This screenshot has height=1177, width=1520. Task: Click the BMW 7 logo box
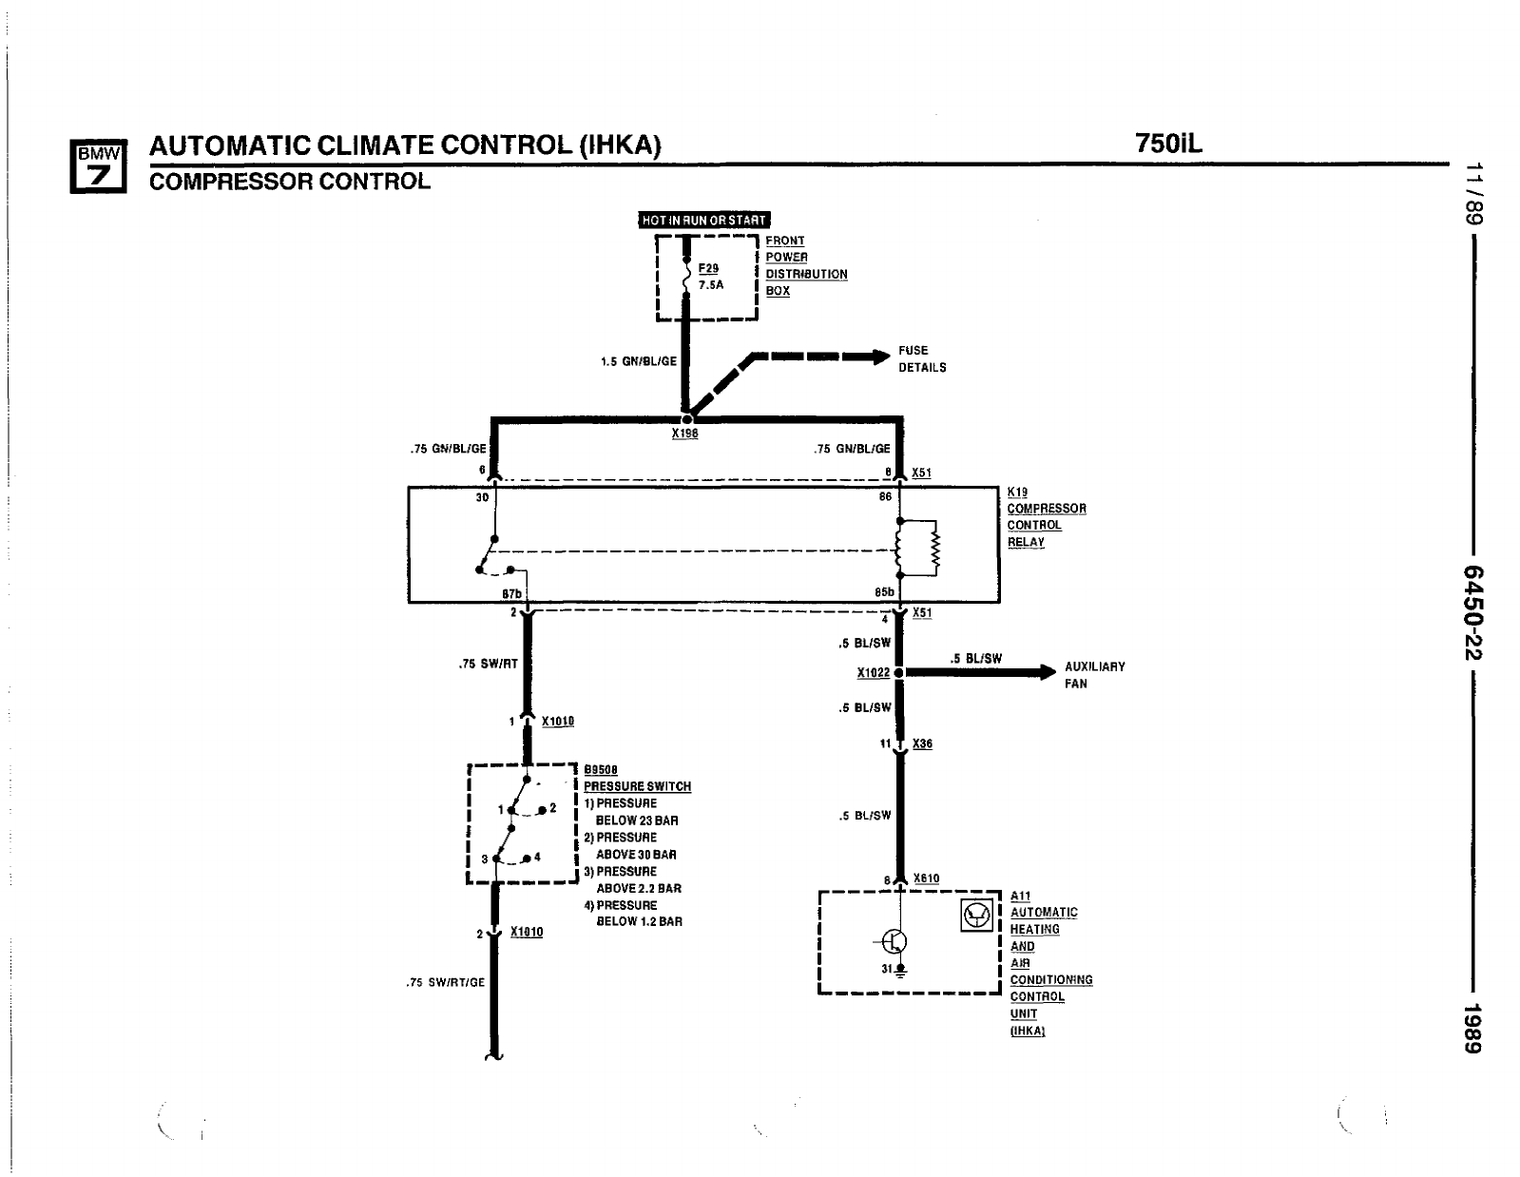click(98, 166)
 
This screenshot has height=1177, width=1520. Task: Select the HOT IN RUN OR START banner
click(703, 221)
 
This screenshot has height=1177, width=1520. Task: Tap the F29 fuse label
click(709, 269)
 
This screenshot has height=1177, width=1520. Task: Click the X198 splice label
click(684, 434)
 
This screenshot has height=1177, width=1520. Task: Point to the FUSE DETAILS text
click(922, 358)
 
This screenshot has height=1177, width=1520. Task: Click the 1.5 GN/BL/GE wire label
click(639, 361)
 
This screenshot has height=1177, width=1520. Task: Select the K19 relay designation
click(1017, 492)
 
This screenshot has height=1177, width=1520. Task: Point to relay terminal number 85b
click(884, 592)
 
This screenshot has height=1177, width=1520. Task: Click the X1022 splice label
click(873, 673)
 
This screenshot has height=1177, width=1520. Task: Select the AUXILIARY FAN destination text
click(1094, 675)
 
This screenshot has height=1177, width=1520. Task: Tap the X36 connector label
click(922, 744)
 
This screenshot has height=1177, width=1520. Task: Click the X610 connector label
click(926, 878)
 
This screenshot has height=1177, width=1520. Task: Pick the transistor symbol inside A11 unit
click(895, 941)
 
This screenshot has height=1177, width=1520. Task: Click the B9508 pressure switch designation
click(601, 770)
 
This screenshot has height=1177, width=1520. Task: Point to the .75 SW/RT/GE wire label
click(445, 983)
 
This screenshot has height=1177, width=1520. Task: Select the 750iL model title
click(1168, 144)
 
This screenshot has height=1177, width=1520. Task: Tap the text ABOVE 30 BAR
click(636, 855)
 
